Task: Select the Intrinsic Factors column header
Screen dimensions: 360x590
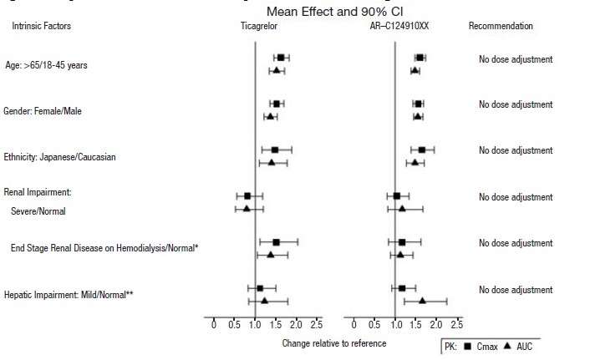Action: (41, 27)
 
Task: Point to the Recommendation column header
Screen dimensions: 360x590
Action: (501, 27)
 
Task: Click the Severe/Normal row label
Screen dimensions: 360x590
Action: (38, 211)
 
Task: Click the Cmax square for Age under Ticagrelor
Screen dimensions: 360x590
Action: (281, 58)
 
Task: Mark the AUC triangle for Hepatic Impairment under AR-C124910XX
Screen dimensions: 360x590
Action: (422, 301)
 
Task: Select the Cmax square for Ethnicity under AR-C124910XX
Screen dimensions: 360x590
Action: (422, 150)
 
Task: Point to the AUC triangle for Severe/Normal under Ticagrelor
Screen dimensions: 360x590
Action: (247, 208)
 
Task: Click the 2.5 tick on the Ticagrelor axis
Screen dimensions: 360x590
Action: (317, 324)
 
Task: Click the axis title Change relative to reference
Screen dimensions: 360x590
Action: (334, 343)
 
